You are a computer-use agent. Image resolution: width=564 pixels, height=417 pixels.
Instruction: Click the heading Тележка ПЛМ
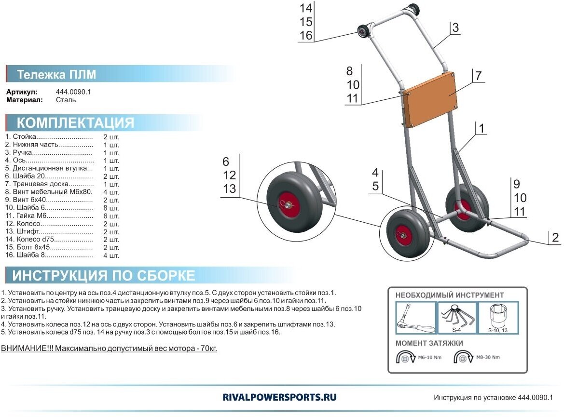(x=56, y=75)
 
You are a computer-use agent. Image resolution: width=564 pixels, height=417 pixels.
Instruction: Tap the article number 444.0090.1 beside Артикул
(x=74, y=92)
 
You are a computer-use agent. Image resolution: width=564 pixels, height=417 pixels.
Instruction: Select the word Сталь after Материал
(x=66, y=100)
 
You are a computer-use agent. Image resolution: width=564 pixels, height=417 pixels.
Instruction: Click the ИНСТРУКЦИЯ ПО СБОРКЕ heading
(x=104, y=275)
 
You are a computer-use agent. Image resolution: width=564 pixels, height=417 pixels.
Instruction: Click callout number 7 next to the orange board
(x=478, y=76)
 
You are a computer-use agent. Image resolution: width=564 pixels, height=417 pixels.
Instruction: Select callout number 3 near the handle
(x=455, y=27)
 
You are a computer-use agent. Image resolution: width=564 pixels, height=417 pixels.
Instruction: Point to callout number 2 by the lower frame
(x=555, y=237)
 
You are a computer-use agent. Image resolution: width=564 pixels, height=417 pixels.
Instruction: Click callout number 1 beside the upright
(x=481, y=128)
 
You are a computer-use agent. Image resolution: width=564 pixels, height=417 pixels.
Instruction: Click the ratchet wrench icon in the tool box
(x=416, y=318)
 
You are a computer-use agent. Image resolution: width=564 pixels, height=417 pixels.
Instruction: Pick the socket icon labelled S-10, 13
(x=497, y=317)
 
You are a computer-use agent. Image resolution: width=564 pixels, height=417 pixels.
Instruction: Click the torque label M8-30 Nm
(x=488, y=357)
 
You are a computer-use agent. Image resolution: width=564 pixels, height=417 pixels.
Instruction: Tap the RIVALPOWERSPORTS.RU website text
(x=280, y=397)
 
